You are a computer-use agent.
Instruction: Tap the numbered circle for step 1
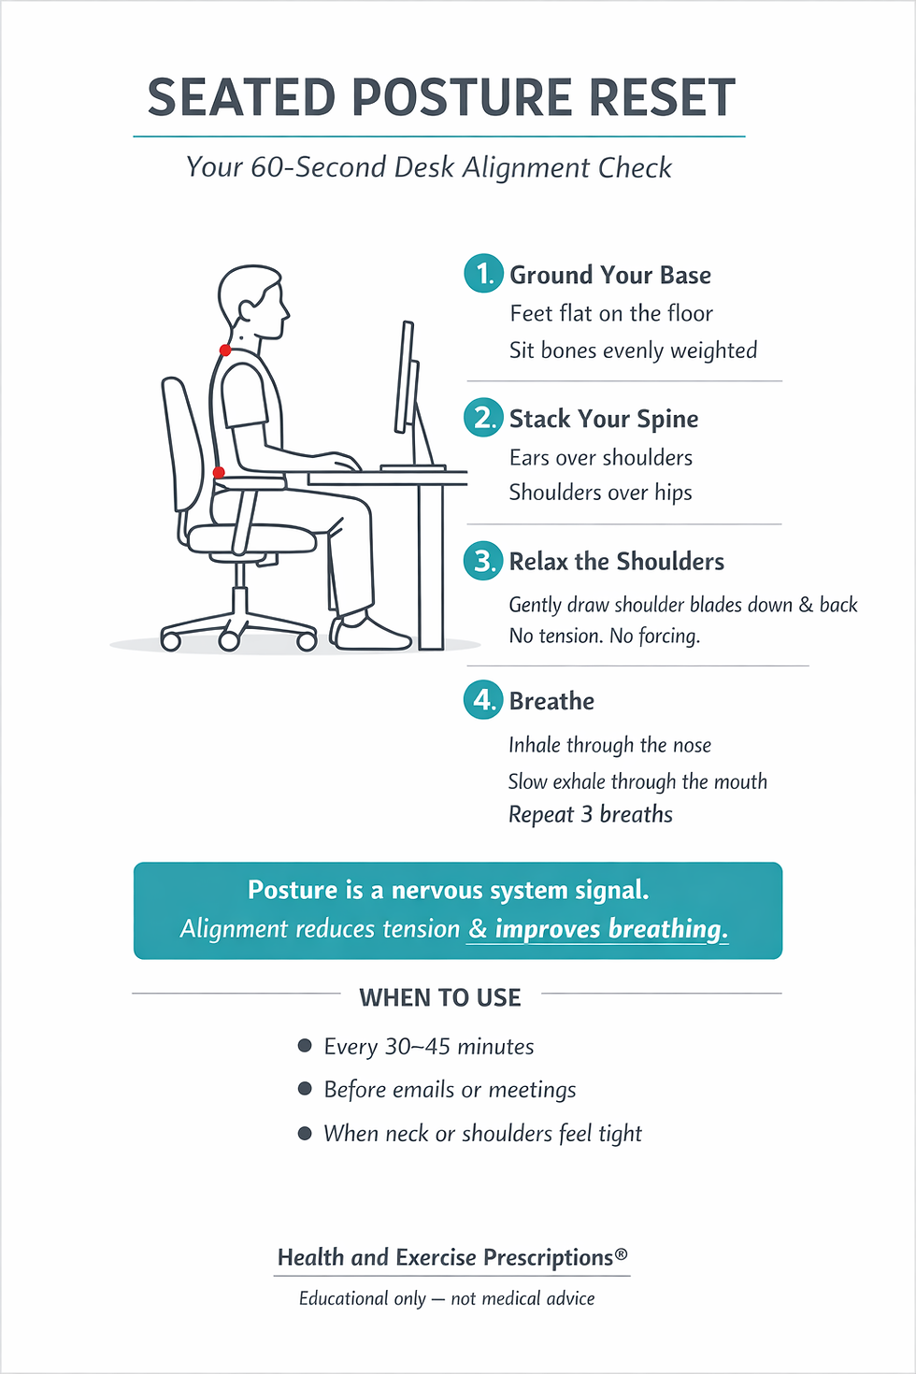tap(483, 274)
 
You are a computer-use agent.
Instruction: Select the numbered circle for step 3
tap(483, 561)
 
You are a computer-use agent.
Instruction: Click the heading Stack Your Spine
tap(604, 419)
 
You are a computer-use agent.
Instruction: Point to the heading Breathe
tap(551, 701)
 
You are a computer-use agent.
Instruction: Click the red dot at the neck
tap(225, 351)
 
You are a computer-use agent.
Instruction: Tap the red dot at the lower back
tap(219, 473)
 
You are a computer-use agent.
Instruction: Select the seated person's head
tap(250, 299)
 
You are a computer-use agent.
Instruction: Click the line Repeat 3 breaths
tap(590, 814)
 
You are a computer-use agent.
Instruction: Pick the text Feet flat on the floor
tap(611, 313)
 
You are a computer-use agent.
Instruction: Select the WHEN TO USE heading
tap(440, 997)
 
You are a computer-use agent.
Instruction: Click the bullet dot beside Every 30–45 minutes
tap(305, 1046)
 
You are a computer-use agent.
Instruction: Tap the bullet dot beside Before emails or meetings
tap(305, 1089)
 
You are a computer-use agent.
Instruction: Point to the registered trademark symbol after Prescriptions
tap(622, 1253)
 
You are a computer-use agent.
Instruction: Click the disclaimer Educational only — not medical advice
tap(447, 1298)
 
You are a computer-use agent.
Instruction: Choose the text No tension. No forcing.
tap(604, 637)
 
